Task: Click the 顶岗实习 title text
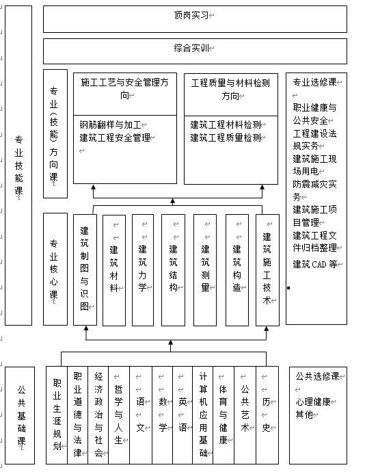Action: click(x=191, y=15)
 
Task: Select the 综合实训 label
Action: click(x=191, y=48)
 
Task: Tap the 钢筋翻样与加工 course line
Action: click(x=111, y=124)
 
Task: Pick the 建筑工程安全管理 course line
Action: click(x=115, y=137)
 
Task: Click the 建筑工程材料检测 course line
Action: click(x=226, y=124)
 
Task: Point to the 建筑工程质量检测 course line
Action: click(x=226, y=137)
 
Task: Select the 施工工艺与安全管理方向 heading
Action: click(x=124, y=89)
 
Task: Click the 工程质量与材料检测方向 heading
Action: click(x=230, y=90)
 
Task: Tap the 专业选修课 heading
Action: click(x=314, y=82)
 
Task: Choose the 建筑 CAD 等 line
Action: click(x=314, y=264)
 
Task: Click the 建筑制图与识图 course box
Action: click(x=85, y=270)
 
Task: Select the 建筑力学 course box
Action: click(x=143, y=270)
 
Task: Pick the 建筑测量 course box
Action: click(x=205, y=270)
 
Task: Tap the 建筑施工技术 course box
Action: click(x=267, y=270)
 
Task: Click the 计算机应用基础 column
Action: click(x=203, y=415)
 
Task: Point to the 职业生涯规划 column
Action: click(x=57, y=415)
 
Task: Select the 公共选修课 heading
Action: click(x=317, y=376)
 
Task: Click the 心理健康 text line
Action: click(x=313, y=402)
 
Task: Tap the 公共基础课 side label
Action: click(x=21, y=415)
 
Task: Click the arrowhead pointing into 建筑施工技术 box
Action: click(x=267, y=329)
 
